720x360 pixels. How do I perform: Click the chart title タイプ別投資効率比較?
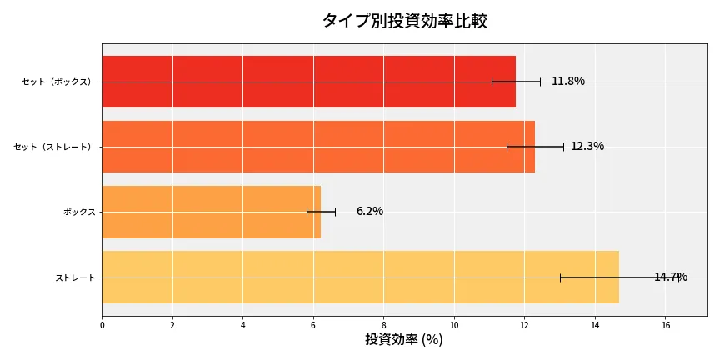tap(404, 21)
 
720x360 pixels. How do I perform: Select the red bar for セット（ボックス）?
tap(308, 82)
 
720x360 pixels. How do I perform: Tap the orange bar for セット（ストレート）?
tap(318, 147)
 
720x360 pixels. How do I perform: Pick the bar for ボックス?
tap(211, 212)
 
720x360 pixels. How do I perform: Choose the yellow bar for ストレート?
tap(360, 277)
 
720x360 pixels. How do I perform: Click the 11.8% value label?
tap(568, 82)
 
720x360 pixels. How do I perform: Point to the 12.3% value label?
tap(587, 147)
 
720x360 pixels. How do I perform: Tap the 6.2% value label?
tap(370, 212)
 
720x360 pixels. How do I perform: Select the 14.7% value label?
tap(671, 277)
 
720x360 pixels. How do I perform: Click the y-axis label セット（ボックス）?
tap(57, 82)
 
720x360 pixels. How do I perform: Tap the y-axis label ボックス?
tap(79, 212)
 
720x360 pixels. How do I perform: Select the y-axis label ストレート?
tap(75, 277)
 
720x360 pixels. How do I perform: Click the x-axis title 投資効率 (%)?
tap(404, 340)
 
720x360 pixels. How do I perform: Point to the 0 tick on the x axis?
tap(102, 325)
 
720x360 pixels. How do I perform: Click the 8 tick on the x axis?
tap(384, 325)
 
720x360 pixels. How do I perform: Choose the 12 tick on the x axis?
tap(525, 325)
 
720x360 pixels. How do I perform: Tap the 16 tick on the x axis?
tap(666, 325)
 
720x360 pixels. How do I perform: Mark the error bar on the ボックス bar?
tap(321, 212)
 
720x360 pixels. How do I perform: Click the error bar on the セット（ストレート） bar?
tap(535, 147)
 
